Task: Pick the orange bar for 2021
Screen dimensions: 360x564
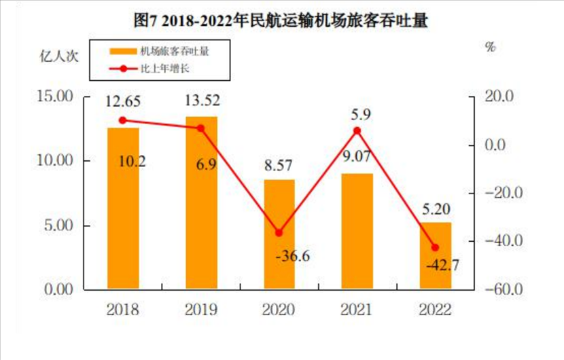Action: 357,231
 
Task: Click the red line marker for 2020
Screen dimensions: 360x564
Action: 279,232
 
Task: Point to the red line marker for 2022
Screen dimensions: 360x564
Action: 436,247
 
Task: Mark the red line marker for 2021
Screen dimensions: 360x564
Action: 357,130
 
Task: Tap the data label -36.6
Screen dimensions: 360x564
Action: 293,256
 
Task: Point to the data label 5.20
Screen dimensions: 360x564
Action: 436,209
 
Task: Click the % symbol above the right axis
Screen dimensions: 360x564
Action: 491,47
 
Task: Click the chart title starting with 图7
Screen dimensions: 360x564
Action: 281,21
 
